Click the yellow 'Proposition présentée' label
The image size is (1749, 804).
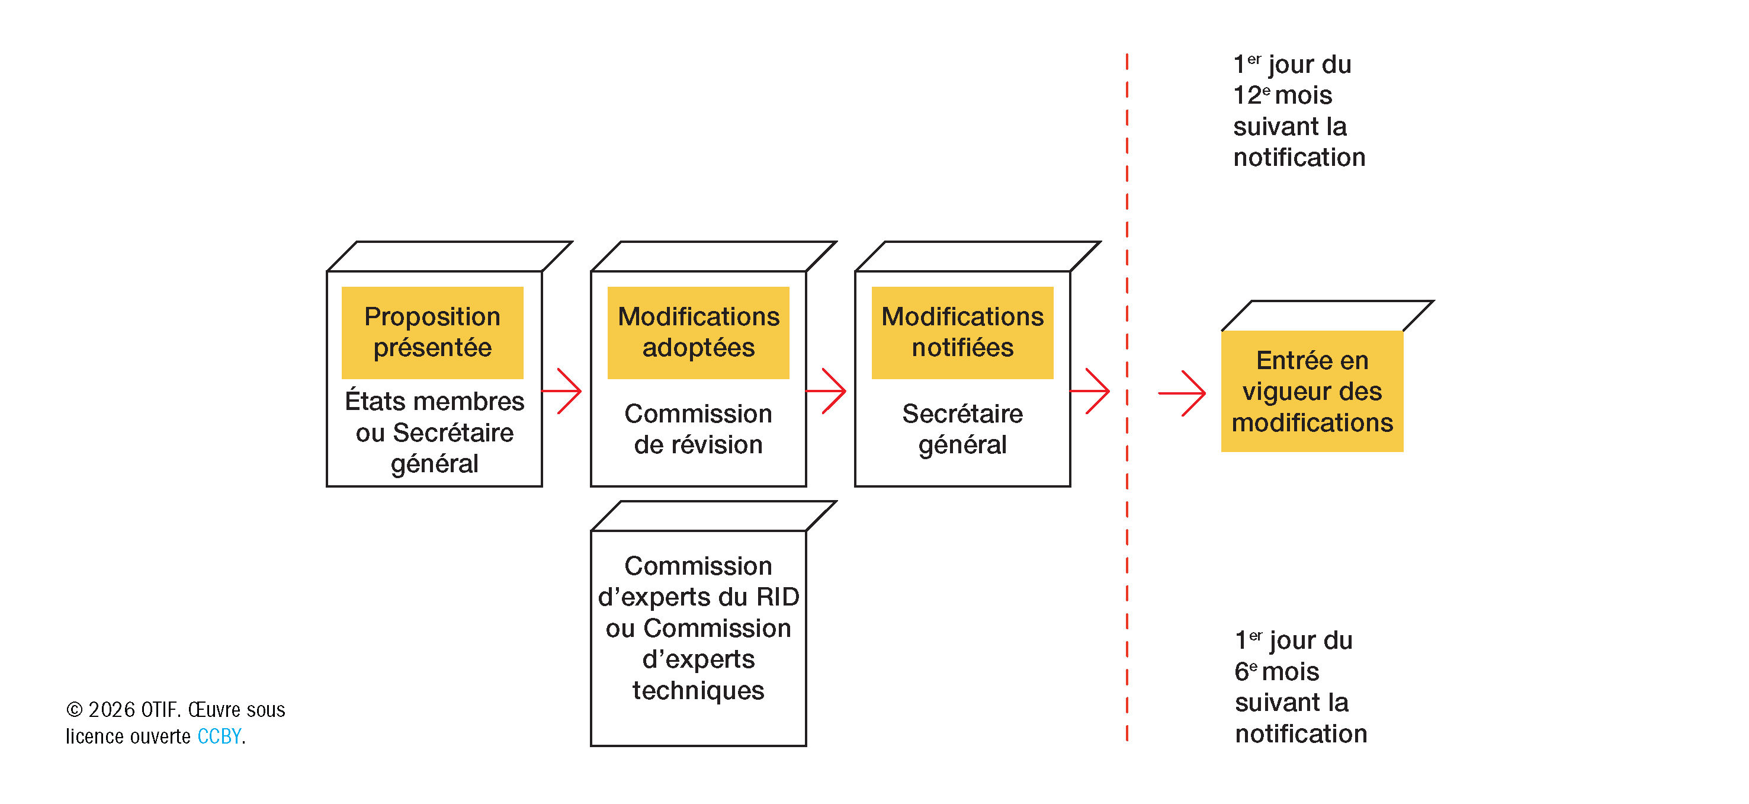tap(432, 333)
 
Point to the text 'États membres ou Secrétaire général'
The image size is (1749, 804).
tap(435, 433)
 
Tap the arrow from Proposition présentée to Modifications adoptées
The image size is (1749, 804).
tap(561, 391)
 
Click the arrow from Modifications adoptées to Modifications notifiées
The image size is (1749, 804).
tap(826, 391)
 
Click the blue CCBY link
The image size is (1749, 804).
tap(219, 736)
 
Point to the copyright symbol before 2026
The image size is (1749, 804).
tap(74, 710)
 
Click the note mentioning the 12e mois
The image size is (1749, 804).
tap(1298, 111)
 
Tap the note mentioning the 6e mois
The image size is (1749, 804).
tap(1300, 687)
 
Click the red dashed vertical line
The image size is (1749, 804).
tap(1127, 397)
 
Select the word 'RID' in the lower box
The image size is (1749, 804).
tap(778, 597)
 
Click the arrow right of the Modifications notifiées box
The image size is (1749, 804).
tap(1090, 391)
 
